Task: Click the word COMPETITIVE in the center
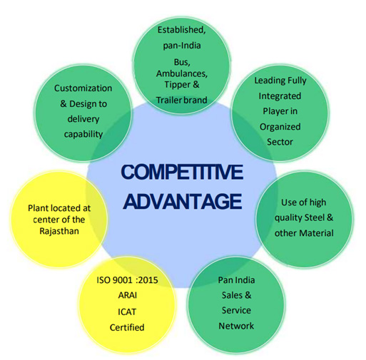[182, 172]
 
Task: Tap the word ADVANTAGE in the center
[183, 201]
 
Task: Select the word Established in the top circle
[181, 30]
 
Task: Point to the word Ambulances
[182, 73]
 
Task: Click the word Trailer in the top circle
[169, 100]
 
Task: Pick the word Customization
[83, 88]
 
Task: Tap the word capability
[83, 135]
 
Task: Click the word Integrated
[280, 96]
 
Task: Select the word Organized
[280, 127]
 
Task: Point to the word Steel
[315, 217]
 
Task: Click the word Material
[317, 233]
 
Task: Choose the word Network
[236, 326]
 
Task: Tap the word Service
[236, 310]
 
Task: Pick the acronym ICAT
[127, 312]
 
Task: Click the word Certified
[127, 327]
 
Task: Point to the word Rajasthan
[59, 231]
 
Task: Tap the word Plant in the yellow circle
[39, 208]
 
